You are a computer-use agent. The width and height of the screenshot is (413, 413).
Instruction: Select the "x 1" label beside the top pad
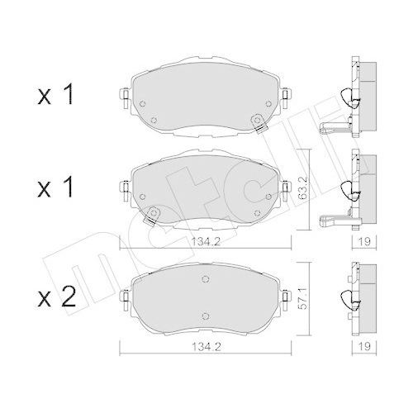(54, 97)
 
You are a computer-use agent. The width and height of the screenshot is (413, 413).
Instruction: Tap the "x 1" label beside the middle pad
(54, 188)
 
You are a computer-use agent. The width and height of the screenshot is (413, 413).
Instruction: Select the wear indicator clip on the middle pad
(150, 218)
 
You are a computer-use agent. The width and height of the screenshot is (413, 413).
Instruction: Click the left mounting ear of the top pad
(124, 100)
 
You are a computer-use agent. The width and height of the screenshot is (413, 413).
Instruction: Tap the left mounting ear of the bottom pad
(125, 295)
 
